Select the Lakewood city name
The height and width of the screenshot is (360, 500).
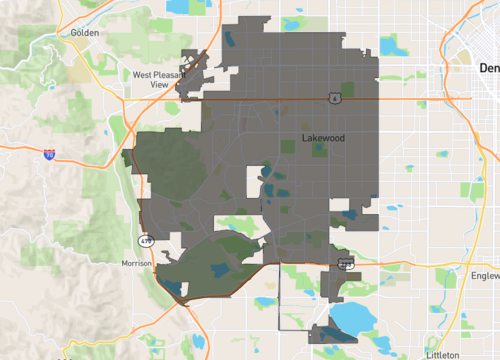pos(322,139)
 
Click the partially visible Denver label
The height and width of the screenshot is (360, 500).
pos(488,68)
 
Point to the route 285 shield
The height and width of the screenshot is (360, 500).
pos(345,263)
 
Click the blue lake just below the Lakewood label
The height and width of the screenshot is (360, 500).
pos(319,150)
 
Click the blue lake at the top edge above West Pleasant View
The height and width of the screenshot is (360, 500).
pos(180,6)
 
